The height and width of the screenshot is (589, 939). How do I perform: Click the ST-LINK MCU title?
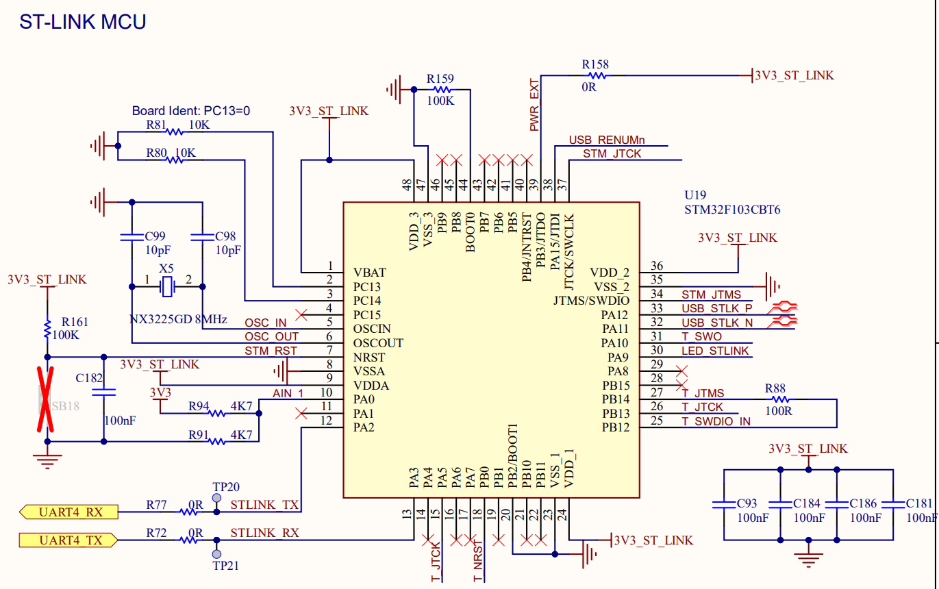(82, 22)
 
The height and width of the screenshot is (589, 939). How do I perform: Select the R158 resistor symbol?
(597, 75)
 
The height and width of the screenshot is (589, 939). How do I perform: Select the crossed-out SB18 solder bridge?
(47, 399)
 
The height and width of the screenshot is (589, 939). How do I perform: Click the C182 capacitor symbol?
(103, 393)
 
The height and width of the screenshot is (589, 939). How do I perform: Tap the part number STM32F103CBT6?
(731, 210)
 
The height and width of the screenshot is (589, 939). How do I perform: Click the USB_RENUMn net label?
(607, 140)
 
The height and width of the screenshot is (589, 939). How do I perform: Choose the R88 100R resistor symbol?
(778, 399)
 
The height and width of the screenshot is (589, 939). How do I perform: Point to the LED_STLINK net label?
(715, 351)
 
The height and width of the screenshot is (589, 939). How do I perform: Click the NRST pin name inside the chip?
(369, 358)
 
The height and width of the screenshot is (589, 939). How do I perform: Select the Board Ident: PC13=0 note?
(191, 110)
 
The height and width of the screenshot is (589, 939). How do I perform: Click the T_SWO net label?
(701, 337)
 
